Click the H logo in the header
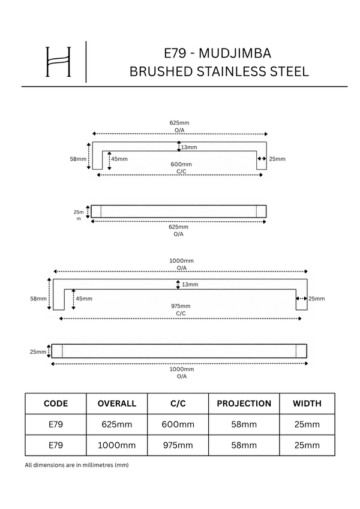[x=58, y=62]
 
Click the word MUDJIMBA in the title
[x=235, y=53]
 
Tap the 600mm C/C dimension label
[x=181, y=168]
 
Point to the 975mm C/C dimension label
[x=181, y=310]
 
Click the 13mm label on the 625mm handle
[x=189, y=147]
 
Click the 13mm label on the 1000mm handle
[x=190, y=285]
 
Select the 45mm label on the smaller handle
[x=119, y=159]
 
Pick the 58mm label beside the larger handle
[x=38, y=299]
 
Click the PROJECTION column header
[x=244, y=403]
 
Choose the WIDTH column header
[x=307, y=403]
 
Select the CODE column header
[x=56, y=403]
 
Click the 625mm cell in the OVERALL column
[x=117, y=424]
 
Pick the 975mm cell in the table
[x=178, y=445]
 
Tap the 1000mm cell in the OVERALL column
[x=117, y=445]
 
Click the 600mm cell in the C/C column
[x=178, y=424]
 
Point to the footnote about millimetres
[x=77, y=465]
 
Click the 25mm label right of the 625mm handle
[x=277, y=159]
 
